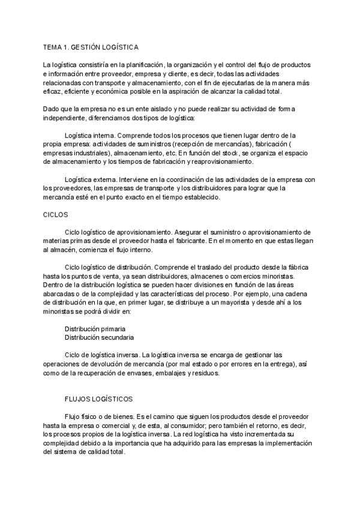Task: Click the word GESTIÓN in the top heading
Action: pos(90,46)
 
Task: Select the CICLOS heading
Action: pos(55,214)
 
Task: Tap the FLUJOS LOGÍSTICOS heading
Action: pos(98,399)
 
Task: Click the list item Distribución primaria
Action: pos(95,329)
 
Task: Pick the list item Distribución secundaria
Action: pos(99,338)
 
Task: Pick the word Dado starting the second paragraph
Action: pos(52,109)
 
